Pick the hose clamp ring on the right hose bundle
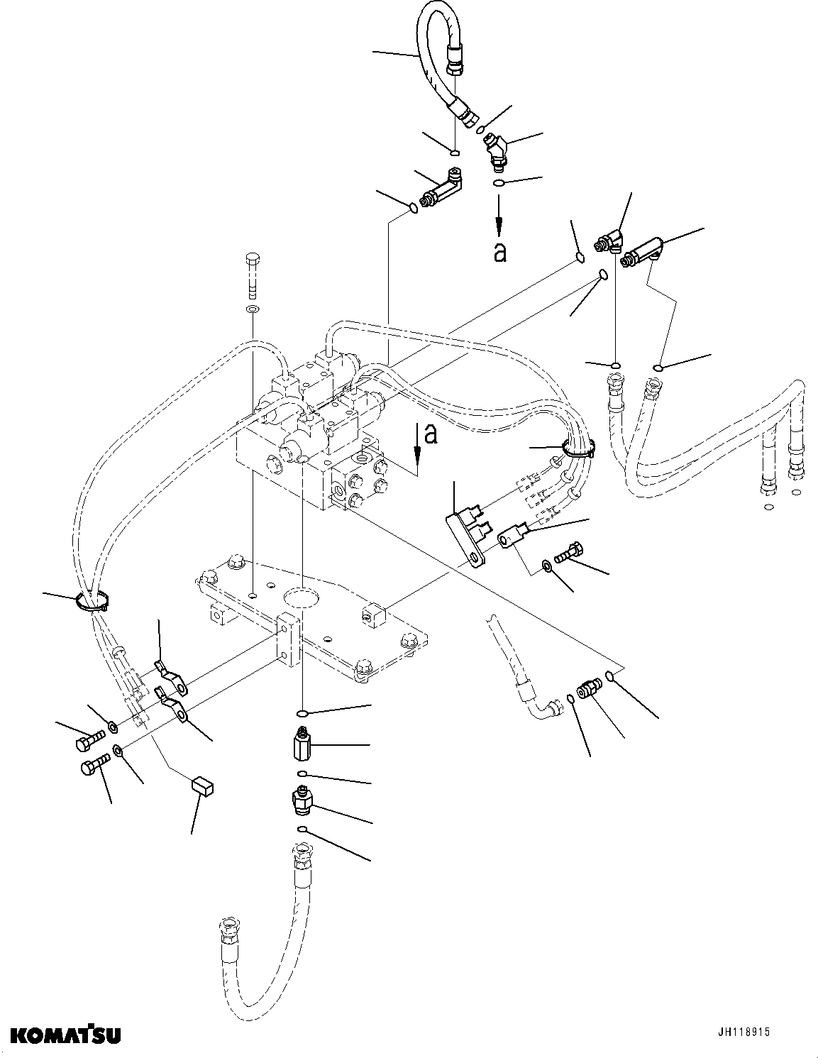[578, 447]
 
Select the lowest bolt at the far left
[94, 767]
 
